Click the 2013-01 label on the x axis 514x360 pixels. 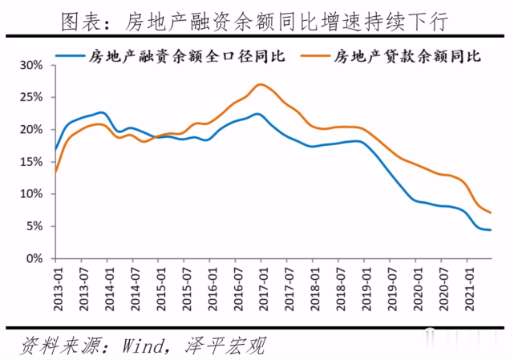[56, 285]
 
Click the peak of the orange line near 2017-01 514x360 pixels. [259, 84]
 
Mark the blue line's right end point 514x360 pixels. [491, 230]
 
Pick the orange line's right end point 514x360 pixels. [491, 212]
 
